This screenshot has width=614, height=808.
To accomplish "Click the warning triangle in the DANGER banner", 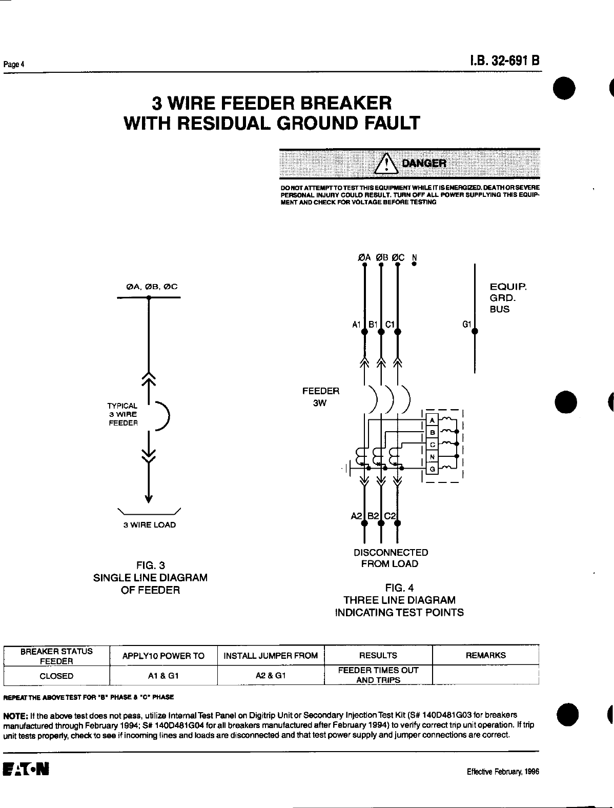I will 387,163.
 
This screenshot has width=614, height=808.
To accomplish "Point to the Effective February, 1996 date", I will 503,772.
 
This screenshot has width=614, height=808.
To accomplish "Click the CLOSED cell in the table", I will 56,676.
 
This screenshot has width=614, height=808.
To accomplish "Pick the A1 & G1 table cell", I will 163,676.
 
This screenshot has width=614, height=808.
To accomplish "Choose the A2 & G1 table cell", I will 271,676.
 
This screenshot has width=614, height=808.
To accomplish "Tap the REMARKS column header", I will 485,655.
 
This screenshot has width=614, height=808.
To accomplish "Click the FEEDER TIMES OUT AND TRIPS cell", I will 378,675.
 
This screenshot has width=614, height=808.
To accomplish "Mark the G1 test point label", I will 466,324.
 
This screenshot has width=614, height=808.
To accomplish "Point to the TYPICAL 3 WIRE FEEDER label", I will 123,414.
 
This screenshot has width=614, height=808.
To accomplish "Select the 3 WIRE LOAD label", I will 149,525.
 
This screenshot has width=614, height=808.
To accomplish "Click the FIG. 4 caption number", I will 399,589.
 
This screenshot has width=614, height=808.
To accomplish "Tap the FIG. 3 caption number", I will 150,565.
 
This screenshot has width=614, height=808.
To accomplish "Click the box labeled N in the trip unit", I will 432,456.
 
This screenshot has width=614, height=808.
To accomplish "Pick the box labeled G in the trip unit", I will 432,469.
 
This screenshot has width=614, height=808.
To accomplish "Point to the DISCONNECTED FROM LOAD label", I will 391,558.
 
